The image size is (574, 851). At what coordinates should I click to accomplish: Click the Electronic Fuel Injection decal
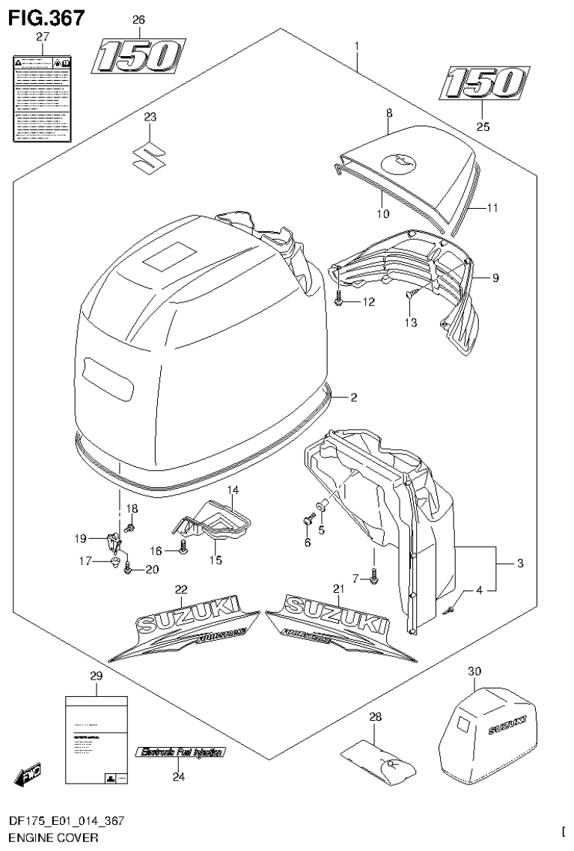[x=180, y=752]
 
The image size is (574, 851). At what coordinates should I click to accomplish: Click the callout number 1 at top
[x=357, y=46]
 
